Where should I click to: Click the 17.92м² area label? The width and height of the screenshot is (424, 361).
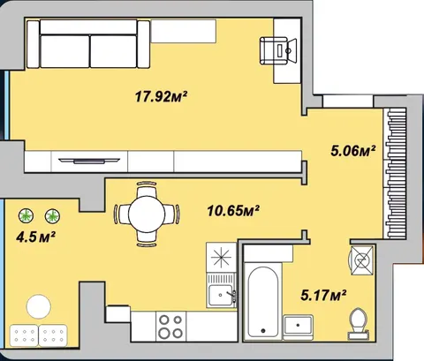(x=162, y=96)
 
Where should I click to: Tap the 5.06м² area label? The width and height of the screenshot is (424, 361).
(x=353, y=151)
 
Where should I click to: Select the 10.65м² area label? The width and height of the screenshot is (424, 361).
(x=233, y=210)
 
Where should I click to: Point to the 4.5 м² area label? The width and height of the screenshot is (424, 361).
(x=36, y=237)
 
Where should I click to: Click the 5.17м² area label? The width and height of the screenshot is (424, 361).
(x=323, y=295)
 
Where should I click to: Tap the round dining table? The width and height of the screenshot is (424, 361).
(x=147, y=214)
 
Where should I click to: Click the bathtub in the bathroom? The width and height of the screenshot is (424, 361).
(x=263, y=301)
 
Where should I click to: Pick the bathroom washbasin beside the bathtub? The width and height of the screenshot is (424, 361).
(x=298, y=327)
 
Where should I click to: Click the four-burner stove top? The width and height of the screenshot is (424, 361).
(x=170, y=327)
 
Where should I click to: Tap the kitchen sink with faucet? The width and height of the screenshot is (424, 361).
(x=222, y=295)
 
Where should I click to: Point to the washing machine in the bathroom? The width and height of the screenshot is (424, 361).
(x=362, y=259)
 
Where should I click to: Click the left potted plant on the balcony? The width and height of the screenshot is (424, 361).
(x=26, y=215)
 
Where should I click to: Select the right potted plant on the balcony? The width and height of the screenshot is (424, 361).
(x=52, y=216)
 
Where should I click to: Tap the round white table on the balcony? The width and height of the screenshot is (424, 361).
(x=38, y=306)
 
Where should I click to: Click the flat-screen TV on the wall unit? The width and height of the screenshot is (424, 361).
(x=89, y=161)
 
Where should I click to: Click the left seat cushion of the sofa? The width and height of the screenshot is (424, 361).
(x=64, y=51)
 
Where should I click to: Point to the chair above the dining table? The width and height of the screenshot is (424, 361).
(x=147, y=188)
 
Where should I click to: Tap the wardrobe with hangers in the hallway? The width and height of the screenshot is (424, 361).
(x=396, y=173)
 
